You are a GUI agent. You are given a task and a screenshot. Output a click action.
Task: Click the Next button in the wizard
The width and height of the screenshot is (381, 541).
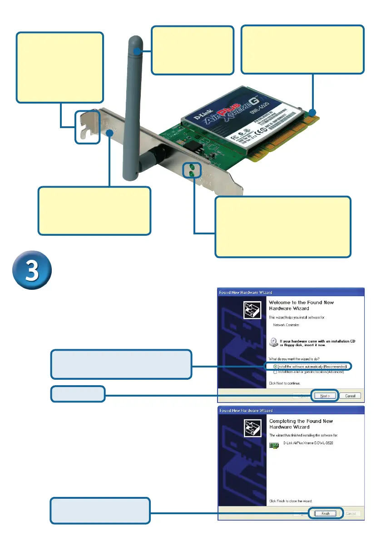point(325,395)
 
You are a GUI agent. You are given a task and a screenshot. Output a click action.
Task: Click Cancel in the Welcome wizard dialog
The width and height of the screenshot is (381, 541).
point(350,395)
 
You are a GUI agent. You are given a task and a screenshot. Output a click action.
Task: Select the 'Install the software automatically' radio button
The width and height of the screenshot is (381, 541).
point(275,366)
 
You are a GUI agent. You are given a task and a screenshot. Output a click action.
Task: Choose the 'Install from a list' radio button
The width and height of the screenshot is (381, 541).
point(275,372)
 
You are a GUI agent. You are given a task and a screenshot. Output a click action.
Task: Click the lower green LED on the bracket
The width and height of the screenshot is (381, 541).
point(192,174)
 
